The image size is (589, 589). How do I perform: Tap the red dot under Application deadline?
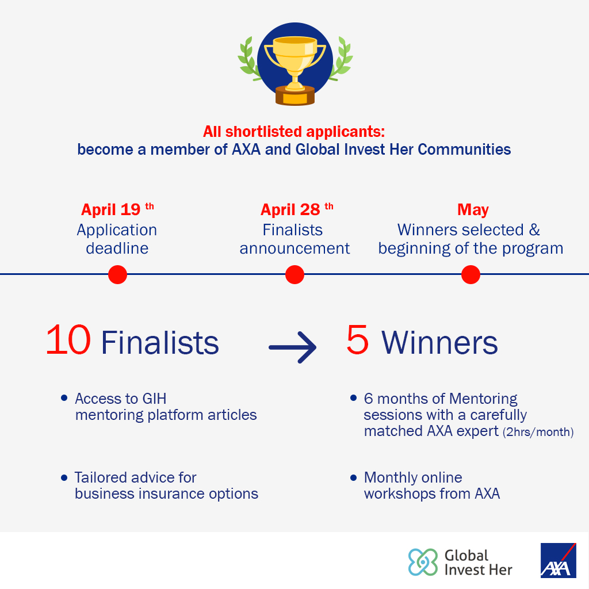click(x=117, y=274)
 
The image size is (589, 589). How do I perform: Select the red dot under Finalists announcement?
click(x=294, y=274)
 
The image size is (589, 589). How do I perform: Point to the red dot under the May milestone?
click(x=471, y=274)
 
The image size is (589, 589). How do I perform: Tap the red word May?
click(x=473, y=209)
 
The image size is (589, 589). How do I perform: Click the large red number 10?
click(x=68, y=339)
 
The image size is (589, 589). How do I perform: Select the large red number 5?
click(x=357, y=339)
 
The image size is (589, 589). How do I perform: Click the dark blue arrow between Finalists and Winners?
click(x=293, y=347)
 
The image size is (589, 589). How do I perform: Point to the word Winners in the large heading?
click(x=439, y=343)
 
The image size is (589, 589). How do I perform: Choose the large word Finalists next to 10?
click(x=160, y=343)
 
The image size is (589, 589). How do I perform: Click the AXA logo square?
click(x=558, y=560)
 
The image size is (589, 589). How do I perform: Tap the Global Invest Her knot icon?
click(x=423, y=562)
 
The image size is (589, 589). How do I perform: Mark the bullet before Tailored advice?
click(x=64, y=478)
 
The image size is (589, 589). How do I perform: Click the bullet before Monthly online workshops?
click(x=354, y=478)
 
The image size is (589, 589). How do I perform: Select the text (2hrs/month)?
click(x=538, y=432)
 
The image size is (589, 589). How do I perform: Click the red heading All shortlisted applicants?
click(x=294, y=132)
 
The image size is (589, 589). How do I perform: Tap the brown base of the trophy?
click(x=295, y=96)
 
